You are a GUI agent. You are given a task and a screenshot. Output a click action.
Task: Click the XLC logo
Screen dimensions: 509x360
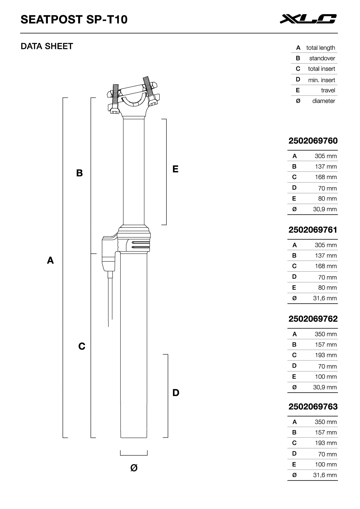pos(308,19)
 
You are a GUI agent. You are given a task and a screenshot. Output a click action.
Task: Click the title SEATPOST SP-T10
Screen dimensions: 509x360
pos(74,19)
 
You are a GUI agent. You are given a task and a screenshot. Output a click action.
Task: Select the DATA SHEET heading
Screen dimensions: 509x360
pos(47,46)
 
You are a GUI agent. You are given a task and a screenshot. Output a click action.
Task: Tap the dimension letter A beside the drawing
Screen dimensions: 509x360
pos(50,260)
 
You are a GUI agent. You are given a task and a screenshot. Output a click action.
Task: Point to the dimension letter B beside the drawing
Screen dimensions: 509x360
pos(79,173)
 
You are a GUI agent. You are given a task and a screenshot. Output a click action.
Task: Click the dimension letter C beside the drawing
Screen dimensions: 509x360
pos(82,346)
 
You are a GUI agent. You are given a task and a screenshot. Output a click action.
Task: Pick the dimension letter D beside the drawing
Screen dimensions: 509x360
pos(176,393)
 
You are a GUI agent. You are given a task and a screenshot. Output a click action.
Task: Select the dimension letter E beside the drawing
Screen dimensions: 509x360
pos(175,169)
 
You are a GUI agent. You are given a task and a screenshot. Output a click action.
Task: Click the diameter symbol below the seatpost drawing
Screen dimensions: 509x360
pos(134,468)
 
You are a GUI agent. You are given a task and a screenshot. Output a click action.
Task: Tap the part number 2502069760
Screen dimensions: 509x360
pos(313,141)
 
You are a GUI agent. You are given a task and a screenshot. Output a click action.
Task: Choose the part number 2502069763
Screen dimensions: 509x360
pos(313,407)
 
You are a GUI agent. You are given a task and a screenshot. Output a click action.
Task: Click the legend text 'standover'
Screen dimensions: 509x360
pos(322,58)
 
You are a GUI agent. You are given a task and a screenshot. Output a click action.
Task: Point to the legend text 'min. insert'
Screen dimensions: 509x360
pos(321,80)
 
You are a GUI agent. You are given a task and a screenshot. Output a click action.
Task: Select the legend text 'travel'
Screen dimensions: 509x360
pos(328,90)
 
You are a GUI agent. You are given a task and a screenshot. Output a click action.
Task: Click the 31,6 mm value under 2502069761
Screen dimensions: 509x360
pos(325,298)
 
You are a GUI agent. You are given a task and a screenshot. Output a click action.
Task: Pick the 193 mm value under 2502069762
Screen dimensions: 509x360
pos(326,355)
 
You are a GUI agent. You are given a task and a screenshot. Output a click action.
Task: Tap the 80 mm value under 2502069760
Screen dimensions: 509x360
pos(327,199)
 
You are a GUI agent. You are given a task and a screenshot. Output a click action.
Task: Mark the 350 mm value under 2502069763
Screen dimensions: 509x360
pos(326,422)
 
